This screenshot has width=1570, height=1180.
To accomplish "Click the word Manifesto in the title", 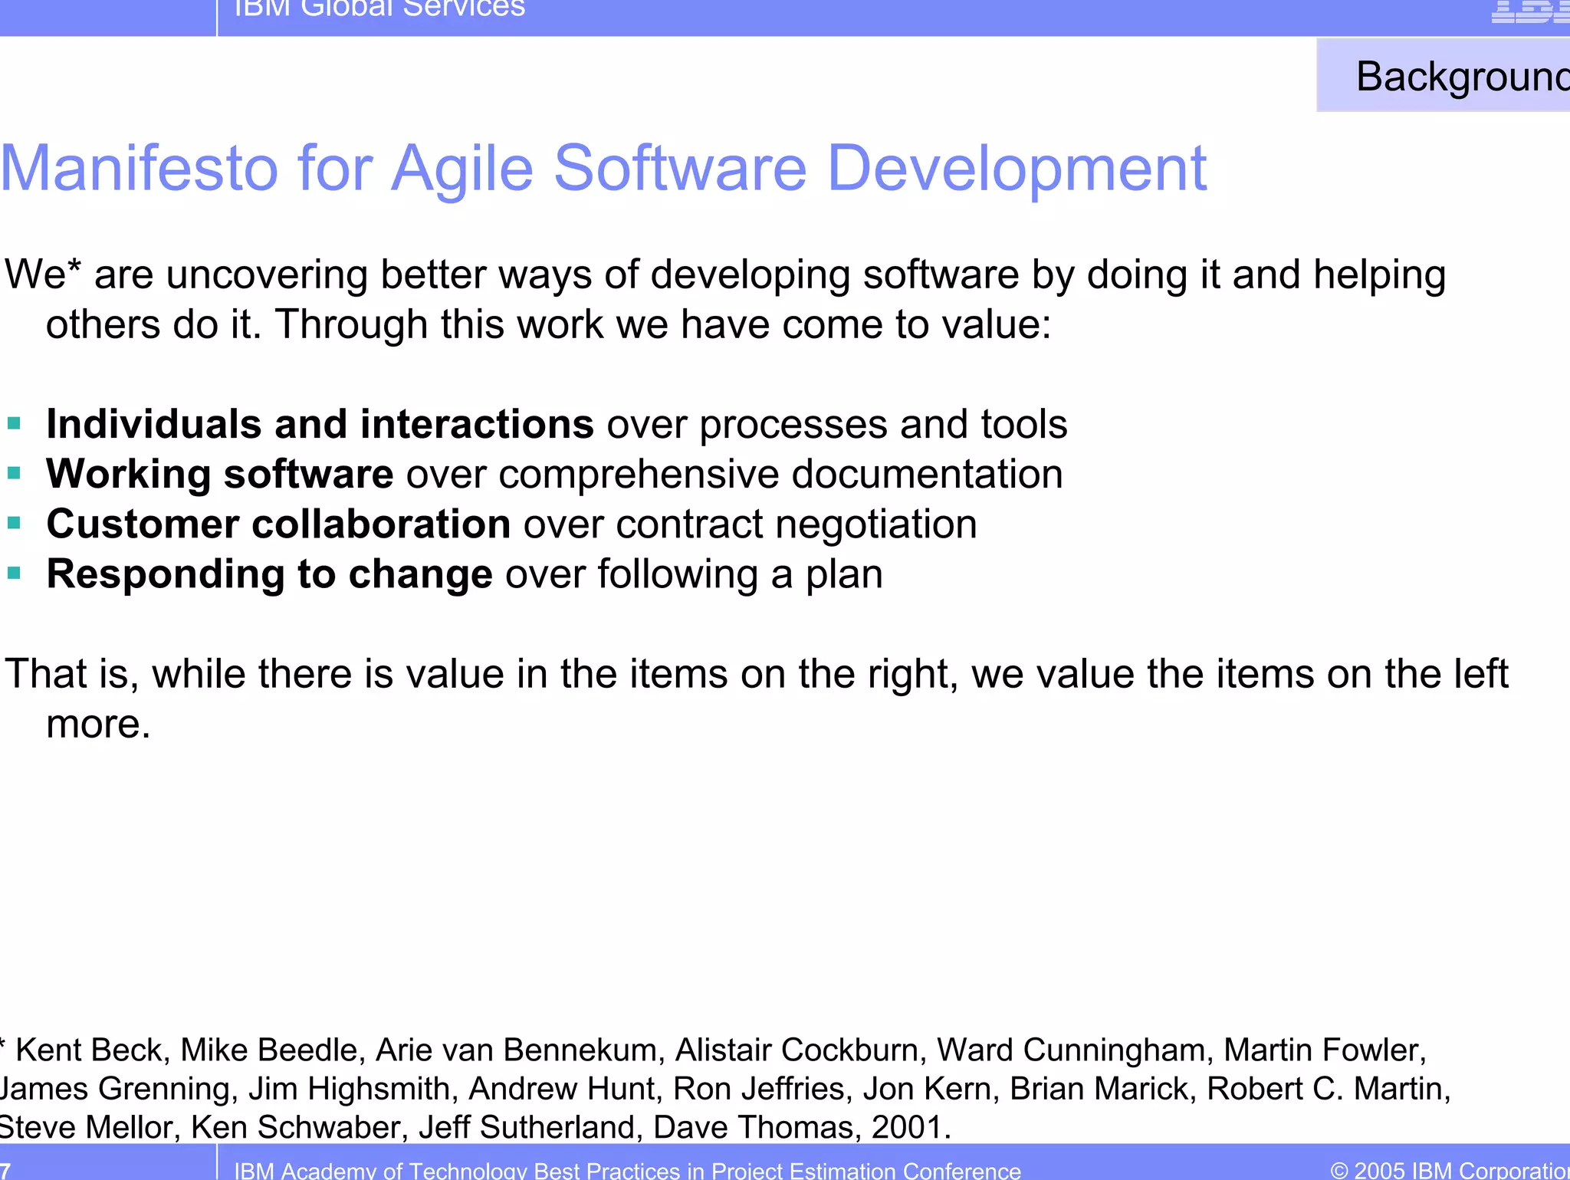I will [x=140, y=169].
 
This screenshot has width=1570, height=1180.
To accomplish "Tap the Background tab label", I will [x=1460, y=77].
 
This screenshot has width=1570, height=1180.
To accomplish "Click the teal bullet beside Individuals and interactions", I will [x=14, y=424].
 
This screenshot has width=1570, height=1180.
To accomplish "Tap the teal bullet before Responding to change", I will [x=14, y=574].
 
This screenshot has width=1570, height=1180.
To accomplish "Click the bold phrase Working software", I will [x=220, y=474].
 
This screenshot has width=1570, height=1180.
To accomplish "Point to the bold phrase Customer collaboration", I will [x=278, y=524].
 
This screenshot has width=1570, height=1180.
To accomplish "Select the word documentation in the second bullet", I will [x=927, y=474].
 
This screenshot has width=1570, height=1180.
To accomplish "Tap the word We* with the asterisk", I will [x=42, y=274].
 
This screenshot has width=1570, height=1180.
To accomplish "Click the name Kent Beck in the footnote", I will [x=90, y=1050].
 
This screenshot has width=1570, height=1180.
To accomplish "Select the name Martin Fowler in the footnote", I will [x=1324, y=1050].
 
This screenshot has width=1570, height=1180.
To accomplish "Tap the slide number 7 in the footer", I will [x=5, y=1170].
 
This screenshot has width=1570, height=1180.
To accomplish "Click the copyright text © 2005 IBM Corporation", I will [x=1449, y=1170].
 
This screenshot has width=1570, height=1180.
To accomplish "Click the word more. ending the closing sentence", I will [x=98, y=724].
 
